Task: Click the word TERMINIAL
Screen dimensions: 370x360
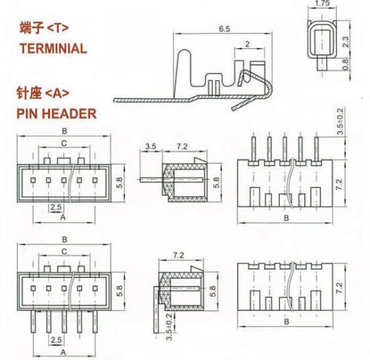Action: [53, 48]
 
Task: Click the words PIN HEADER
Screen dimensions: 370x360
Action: [56, 113]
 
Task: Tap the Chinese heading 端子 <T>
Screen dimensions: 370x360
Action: [44, 27]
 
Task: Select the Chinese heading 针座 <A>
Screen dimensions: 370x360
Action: [43, 93]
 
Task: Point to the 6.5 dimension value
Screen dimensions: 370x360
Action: [224, 29]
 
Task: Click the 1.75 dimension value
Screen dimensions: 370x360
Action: [322, 3]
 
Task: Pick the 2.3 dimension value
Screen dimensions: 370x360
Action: [346, 41]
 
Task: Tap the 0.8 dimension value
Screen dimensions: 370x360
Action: [346, 64]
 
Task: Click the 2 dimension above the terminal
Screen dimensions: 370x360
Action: [247, 44]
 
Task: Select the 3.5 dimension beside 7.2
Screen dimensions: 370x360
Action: [150, 146]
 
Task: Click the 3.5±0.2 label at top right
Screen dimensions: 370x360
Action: [340, 121]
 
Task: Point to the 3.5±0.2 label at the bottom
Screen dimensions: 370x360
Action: [169, 327]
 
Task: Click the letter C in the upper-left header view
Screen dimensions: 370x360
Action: [64, 143]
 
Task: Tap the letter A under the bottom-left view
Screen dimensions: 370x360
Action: [63, 353]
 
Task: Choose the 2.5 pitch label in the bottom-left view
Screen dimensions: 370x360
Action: [56, 340]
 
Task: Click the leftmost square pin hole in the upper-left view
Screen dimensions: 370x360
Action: [33, 180]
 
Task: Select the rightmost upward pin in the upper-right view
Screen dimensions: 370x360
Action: [317, 148]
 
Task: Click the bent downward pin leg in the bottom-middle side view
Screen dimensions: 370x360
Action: [156, 309]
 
